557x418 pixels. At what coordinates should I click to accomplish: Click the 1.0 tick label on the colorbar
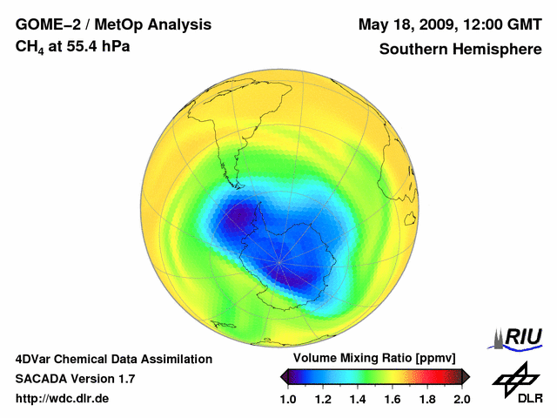tap(289, 399)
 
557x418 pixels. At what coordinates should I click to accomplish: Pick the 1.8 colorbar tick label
tap(426, 399)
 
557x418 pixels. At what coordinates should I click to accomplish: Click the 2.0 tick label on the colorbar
tap(461, 399)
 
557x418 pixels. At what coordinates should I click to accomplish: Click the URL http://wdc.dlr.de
tap(63, 399)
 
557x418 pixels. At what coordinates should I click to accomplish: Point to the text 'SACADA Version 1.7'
tap(75, 379)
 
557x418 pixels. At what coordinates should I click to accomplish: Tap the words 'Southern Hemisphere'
tap(460, 50)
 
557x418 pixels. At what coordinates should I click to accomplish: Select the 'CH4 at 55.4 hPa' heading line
tap(73, 47)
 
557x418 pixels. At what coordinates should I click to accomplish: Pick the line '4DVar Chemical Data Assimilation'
tap(113, 359)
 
